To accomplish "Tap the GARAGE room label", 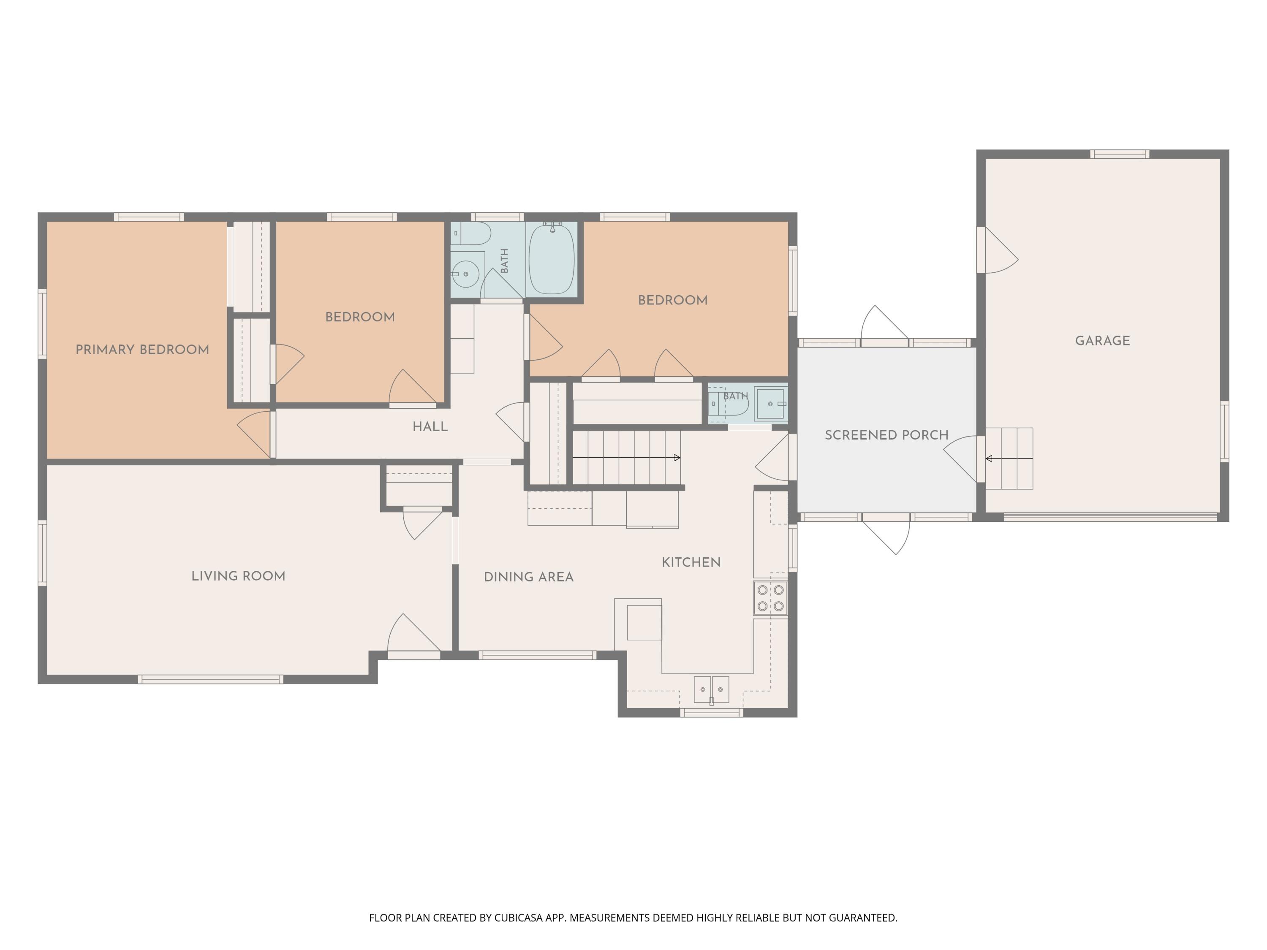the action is (1103, 341).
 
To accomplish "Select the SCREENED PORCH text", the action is (886, 435).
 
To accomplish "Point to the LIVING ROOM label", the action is (238, 576).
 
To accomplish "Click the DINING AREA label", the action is (529, 577).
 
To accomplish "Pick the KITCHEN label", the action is (691, 562).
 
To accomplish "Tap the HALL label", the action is (430, 426).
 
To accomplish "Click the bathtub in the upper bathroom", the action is (552, 259).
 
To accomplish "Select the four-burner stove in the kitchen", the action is (770, 598).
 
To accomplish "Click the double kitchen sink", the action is (711, 689).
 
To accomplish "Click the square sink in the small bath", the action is (771, 404).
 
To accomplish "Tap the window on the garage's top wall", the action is (1119, 154).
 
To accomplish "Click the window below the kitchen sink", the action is (711, 713).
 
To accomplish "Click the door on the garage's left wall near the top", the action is (997, 250).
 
